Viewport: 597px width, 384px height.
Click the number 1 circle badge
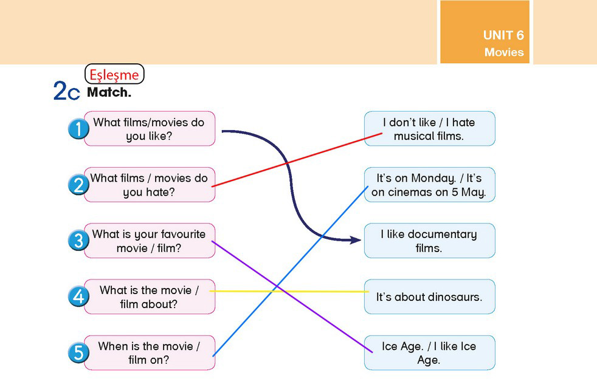point(78,129)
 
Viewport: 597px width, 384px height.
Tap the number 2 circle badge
point(78,185)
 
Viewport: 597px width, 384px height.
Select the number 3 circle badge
point(78,241)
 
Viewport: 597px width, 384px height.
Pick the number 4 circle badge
point(78,297)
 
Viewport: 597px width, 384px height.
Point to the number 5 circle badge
point(78,352)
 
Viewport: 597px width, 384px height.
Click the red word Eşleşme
point(114,75)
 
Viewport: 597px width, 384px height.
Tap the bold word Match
point(109,92)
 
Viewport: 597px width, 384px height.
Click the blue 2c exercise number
point(67,91)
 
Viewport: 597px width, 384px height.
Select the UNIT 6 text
point(503,35)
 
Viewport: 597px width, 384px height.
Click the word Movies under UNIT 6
point(504,52)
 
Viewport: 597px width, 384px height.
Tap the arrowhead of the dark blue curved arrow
point(355,240)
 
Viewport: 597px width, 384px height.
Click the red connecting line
point(297,160)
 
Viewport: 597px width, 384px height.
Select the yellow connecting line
point(289,291)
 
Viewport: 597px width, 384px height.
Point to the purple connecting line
point(292,297)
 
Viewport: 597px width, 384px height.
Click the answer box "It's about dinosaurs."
point(429,297)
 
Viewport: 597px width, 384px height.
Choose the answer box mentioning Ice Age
point(429,352)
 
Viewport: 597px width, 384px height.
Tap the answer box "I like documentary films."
point(429,241)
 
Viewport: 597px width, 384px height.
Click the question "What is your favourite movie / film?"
point(150,241)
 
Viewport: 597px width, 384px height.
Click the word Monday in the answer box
point(433,179)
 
